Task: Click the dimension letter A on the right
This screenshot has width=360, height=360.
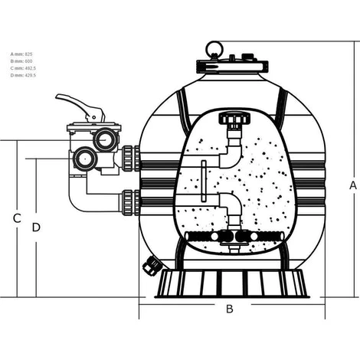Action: (352, 185)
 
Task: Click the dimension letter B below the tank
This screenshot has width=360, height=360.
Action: (228, 309)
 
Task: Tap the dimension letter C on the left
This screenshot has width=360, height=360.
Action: (16, 218)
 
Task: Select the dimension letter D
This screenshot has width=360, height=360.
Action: (36, 227)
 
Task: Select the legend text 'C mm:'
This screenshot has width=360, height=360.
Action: (16, 67)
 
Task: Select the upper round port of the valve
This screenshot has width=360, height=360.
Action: (106, 139)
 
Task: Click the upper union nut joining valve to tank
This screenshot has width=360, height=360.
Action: (129, 158)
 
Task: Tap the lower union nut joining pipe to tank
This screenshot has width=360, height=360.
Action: (129, 202)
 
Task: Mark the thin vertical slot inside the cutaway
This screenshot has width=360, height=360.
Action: (203, 181)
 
